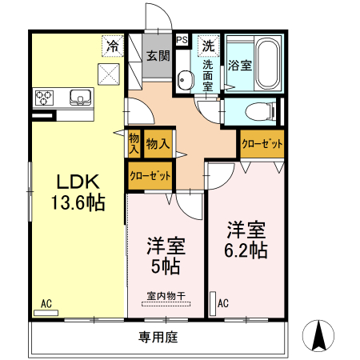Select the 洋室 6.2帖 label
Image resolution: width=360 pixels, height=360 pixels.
coord(245,239)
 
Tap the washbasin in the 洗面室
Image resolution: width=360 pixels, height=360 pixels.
coord(186,80)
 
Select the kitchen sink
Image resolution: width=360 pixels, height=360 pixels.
coord(80,98)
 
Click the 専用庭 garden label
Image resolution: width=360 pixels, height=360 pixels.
coord(157,337)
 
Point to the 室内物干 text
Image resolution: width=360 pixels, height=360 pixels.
coord(166,295)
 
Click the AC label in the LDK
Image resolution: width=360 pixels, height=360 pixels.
coord(46,303)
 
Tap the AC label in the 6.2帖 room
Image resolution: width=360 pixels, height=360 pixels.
coord(223,303)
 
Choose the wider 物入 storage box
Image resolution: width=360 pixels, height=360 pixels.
coord(157,144)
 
